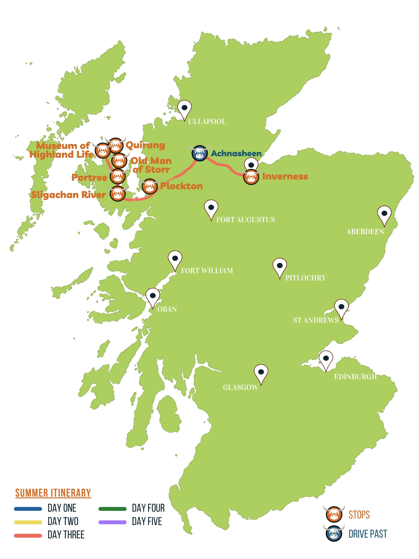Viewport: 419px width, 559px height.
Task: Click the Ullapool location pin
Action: click(x=184, y=109)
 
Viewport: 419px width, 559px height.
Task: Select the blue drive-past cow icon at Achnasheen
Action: click(x=200, y=153)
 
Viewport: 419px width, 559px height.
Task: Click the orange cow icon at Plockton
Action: click(x=150, y=187)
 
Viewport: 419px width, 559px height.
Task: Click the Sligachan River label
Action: click(x=68, y=195)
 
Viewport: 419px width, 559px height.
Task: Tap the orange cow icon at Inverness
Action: click(x=251, y=177)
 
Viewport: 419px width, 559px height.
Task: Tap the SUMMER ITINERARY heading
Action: click(x=53, y=493)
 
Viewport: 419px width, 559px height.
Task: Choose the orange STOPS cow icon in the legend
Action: click(x=334, y=515)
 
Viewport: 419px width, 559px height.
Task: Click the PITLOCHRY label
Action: click(x=305, y=278)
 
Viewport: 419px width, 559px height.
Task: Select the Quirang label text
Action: click(x=145, y=145)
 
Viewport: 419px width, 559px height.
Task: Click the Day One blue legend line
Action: click(x=28, y=509)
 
